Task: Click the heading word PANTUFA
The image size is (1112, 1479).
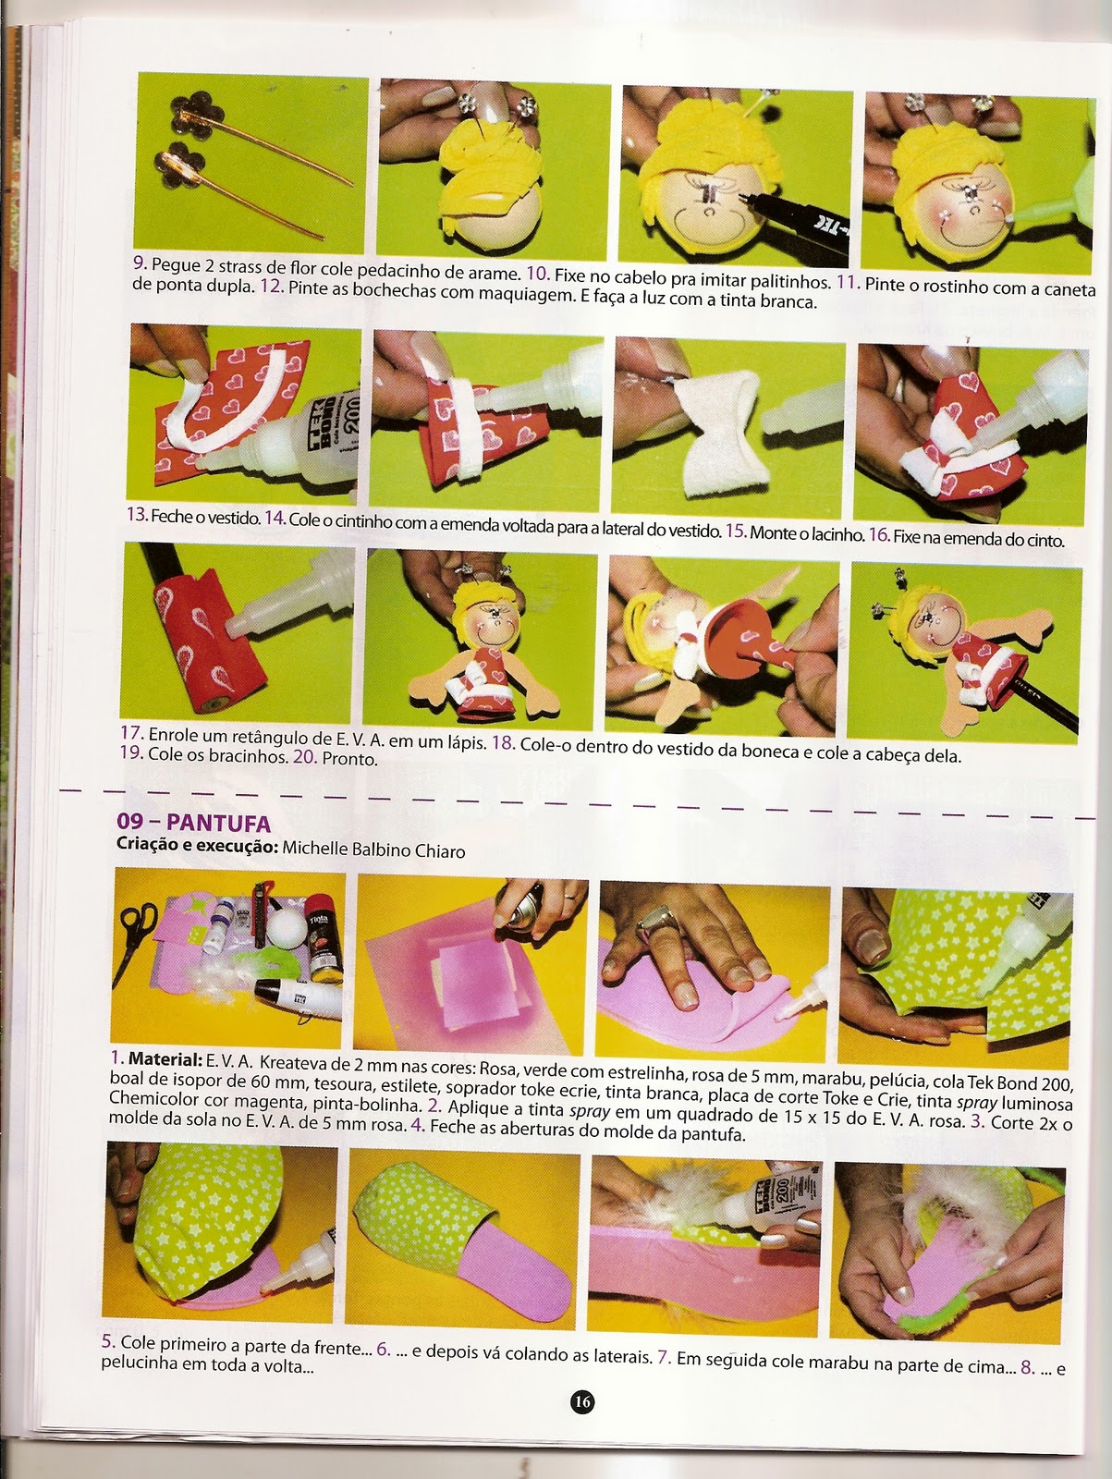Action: coord(218,824)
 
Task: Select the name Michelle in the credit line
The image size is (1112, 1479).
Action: coord(315,849)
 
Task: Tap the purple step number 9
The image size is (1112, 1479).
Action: coord(141,263)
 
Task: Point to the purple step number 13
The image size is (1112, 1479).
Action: coord(138,515)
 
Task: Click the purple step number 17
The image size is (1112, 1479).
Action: coord(131,732)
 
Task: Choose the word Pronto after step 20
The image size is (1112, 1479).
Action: coord(349,758)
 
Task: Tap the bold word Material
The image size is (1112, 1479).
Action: coord(165,1059)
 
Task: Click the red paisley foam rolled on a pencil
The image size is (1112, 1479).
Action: coord(210,637)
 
